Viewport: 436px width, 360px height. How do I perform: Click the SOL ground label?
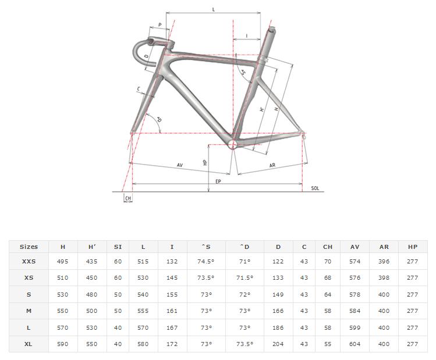(x=315, y=188)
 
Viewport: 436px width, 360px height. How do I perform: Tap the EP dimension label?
(x=218, y=181)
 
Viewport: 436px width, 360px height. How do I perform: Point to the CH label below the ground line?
(x=128, y=198)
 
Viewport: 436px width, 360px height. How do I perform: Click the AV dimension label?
(x=180, y=165)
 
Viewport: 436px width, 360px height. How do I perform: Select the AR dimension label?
(x=272, y=165)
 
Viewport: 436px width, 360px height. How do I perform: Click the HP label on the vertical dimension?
(x=205, y=162)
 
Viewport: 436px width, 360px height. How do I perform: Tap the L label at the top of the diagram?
(x=214, y=10)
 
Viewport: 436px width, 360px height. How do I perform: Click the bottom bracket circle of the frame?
(x=233, y=144)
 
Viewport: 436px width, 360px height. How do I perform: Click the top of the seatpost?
(x=272, y=28)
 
